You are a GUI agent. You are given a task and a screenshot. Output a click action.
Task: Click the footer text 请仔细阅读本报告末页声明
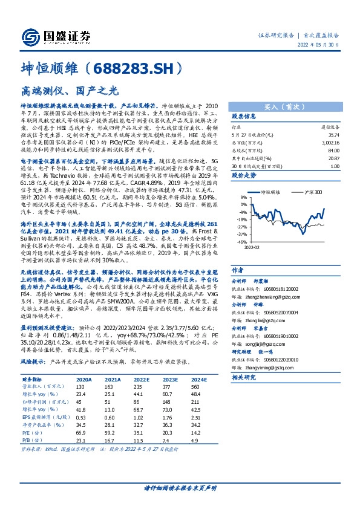point(180,487)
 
